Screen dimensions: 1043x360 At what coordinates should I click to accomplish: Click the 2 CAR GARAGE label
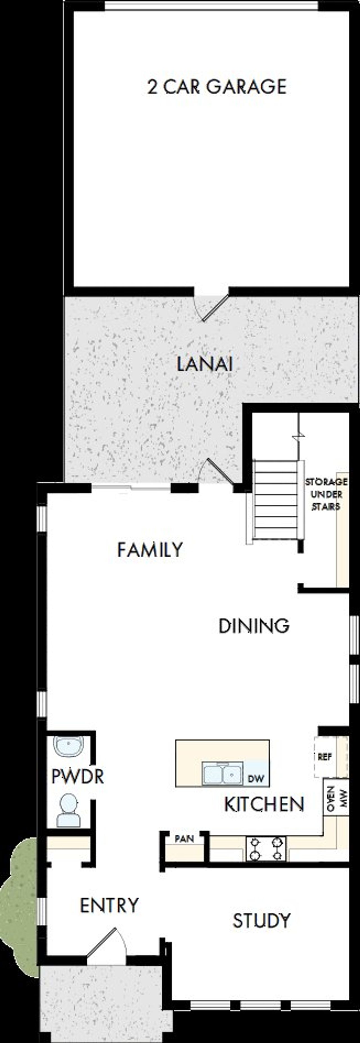pos(217,87)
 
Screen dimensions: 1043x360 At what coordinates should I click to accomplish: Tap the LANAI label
pos(204,365)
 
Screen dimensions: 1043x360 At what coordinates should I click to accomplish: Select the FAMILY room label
pos(150,549)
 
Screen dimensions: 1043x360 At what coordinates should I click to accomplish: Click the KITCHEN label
pos(264,804)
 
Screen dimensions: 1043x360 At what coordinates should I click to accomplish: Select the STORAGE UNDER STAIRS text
pos(326,494)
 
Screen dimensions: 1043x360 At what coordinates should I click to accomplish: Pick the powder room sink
pos(68,746)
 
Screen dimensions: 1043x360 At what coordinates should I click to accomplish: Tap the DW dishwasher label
pos(256,778)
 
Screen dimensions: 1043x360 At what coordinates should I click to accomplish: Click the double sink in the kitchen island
pos(222,774)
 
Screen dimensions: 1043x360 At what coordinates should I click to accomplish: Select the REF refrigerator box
pos(325,756)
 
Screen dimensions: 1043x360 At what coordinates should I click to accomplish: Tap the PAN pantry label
pos(184,838)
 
